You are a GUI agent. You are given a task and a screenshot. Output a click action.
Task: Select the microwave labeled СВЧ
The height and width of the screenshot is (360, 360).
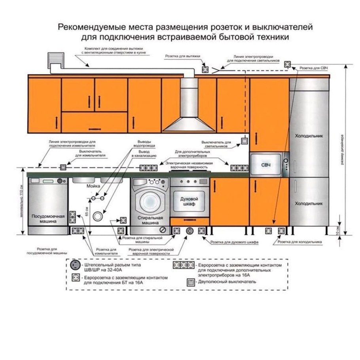click(x=266, y=164)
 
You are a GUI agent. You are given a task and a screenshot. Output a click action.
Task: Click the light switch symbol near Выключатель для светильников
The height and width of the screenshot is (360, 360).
click(x=244, y=141)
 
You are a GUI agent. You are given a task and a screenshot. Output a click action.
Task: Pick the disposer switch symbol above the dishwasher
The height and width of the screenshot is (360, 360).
click(x=63, y=167)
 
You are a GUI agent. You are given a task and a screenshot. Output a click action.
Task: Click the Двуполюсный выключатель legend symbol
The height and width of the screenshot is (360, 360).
click(x=190, y=282)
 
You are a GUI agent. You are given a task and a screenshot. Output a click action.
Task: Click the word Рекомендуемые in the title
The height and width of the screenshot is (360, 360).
click(x=92, y=28)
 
